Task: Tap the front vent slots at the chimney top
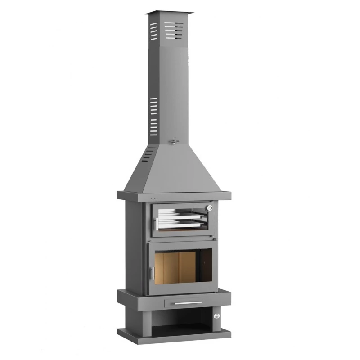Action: [175, 29]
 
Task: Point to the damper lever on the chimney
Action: [174, 141]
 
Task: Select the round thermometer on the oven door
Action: [209, 208]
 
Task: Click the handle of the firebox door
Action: [152, 273]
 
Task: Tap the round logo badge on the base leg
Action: [216, 316]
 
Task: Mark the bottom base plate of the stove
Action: [175, 334]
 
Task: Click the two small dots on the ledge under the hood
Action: [153, 198]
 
